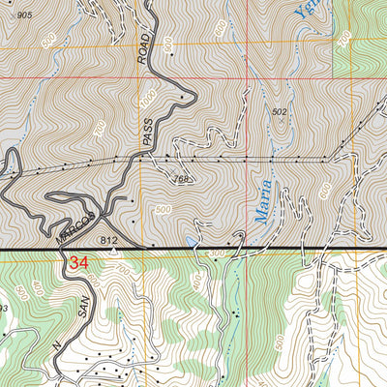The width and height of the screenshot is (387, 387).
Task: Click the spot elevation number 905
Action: point(24,16)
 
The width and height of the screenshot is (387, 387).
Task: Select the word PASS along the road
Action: point(147,138)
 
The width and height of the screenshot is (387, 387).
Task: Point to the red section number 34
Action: point(79,262)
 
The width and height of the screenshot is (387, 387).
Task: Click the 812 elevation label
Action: point(108,239)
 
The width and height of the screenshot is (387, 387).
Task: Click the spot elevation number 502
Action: point(280,112)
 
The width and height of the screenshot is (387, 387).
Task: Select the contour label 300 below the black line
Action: point(214,253)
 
